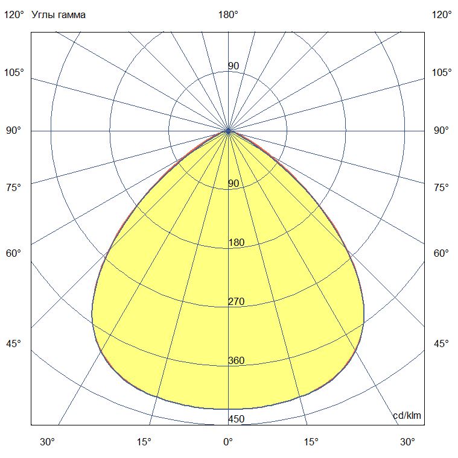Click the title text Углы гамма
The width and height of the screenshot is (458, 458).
pos(59,15)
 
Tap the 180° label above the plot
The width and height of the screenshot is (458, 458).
pos(228,15)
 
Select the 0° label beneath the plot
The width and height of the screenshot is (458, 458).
pos(228,442)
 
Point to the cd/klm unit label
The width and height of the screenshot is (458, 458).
pos(407,416)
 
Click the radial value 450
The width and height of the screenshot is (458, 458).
pos(236,419)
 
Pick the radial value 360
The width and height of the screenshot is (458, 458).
pos(236,361)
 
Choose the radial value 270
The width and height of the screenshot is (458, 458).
pos(236,302)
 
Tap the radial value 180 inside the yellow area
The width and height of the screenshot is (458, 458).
pos(236,243)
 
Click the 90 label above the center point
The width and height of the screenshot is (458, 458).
pos(234,66)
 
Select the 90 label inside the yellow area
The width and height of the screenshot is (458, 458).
pos(234,183)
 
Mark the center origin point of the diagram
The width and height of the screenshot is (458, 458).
pos(228,130)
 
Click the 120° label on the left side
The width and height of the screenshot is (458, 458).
pos(14,15)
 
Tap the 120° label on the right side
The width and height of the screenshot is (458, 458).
pos(442,15)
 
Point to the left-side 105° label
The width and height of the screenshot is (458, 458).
pos(14,72)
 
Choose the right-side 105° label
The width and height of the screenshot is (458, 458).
pos(442,72)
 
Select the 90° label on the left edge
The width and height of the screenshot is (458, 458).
pos(14,130)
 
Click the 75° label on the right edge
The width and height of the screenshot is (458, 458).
pos(442,187)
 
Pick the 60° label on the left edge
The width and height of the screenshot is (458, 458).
pos(14,253)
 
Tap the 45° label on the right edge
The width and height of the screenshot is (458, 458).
pos(442,343)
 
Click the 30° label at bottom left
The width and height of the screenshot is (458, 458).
pos(48,442)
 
